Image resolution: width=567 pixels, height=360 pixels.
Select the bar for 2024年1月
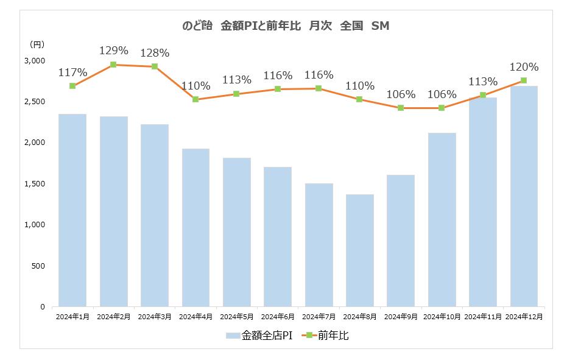pyautogui.click(x=72, y=210)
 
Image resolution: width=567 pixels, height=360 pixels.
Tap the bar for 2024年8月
pyautogui.click(x=360, y=250)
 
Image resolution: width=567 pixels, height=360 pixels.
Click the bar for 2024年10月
pyautogui.click(x=442, y=219)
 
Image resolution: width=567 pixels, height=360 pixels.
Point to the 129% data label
pyautogui.click(x=114, y=51)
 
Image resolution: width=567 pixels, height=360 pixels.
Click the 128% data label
pyautogui.click(x=155, y=52)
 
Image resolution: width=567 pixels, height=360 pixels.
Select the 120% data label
pyautogui.click(x=524, y=67)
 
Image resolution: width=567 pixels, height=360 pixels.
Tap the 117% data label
pyautogui.click(x=72, y=72)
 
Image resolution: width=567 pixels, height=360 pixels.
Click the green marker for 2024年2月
pyautogui.click(x=113, y=65)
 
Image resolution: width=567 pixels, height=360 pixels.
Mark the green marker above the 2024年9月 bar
pyautogui.click(x=401, y=108)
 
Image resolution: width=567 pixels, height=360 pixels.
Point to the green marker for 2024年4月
pyautogui.click(x=195, y=99)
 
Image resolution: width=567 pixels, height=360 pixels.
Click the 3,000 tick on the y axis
pyautogui.click(x=35, y=61)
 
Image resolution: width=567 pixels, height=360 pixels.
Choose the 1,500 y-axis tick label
pyautogui.click(x=35, y=184)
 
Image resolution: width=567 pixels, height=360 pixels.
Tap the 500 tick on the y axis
pyautogui.click(x=38, y=266)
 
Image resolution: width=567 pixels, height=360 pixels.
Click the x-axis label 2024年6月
pyautogui.click(x=278, y=317)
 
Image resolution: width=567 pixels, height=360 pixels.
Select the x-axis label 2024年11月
pyautogui.click(x=483, y=317)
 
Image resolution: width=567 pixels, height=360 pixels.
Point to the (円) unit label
pyautogui.click(x=37, y=44)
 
